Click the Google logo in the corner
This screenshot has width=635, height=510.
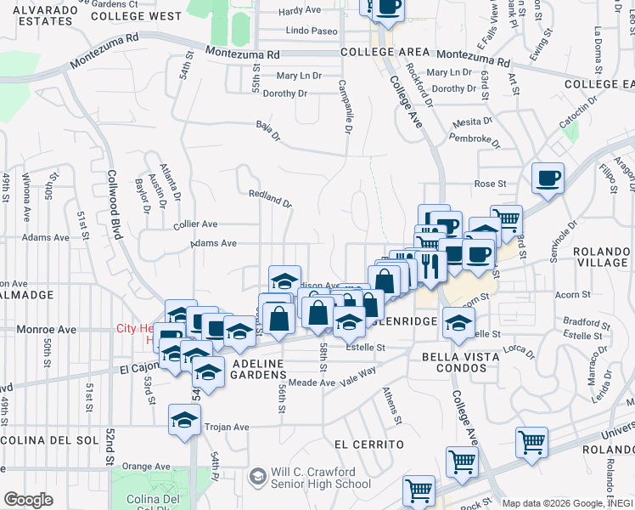[28, 500]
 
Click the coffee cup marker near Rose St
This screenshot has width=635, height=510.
[548, 178]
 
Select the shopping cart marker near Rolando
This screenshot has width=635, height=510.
[531, 442]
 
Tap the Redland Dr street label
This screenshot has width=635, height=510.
[270, 199]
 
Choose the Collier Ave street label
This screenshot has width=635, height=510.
[195, 224]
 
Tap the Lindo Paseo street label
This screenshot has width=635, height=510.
[312, 31]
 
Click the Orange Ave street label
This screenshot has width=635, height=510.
[146, 466]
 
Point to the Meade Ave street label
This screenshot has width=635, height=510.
[315, 383]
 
